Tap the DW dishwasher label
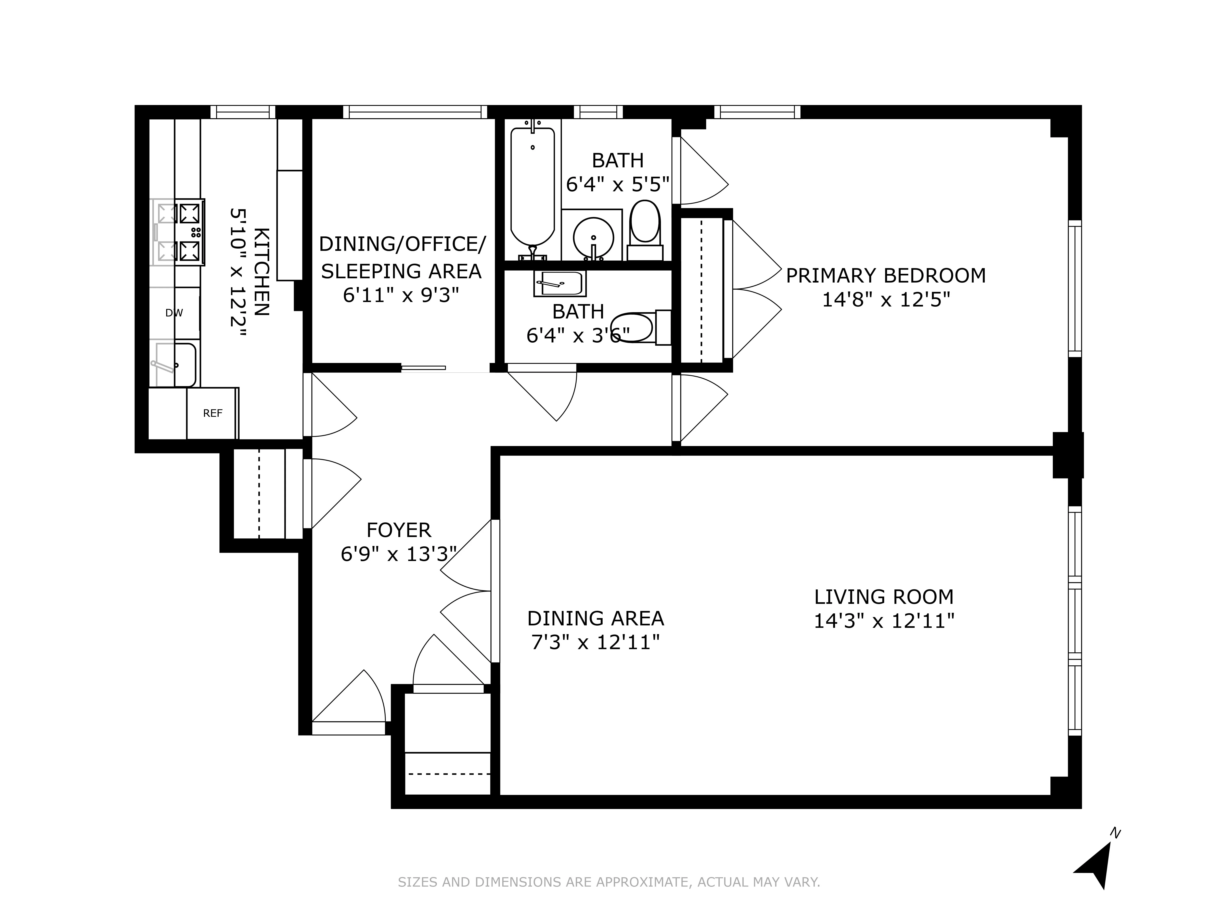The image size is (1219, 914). click(x=174, y=313)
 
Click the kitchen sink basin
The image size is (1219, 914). click(x=175, y=364)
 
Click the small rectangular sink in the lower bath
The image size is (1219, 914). click(x=559, y=283)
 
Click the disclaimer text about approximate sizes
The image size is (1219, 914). click(x=609, y=882)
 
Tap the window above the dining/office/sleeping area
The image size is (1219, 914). click(x=415, y=112)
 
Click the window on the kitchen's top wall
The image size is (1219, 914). click(x=242, y=112)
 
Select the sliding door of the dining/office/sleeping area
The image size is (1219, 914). click(x=423, y=367)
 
